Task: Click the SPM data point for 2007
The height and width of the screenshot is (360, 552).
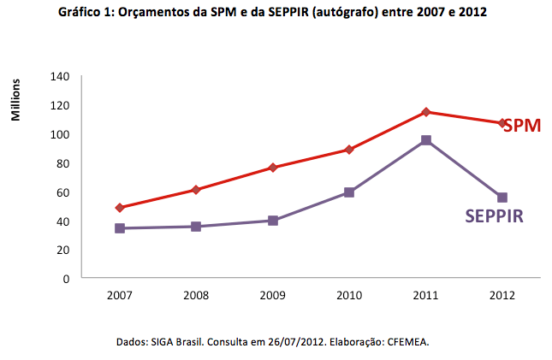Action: click(120, 208)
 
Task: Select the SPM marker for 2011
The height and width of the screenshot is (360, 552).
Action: click(425, 112)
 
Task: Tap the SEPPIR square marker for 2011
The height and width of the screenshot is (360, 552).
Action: click(425, 140)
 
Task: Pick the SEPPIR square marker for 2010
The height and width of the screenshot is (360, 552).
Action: click(349, 192)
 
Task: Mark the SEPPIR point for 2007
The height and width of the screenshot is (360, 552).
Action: click(120, 228)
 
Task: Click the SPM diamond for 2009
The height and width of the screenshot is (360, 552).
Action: click(273, 168)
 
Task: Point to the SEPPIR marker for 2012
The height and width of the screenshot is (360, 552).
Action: click(502, 198)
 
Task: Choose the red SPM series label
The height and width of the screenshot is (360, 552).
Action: click(522, 126)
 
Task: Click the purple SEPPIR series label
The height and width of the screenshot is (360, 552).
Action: click(494, 216)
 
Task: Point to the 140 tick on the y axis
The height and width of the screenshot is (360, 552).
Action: click(58, 76)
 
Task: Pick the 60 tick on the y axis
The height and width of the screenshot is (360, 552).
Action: click(62, 192)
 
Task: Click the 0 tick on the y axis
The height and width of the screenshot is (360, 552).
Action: click(65, 279)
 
